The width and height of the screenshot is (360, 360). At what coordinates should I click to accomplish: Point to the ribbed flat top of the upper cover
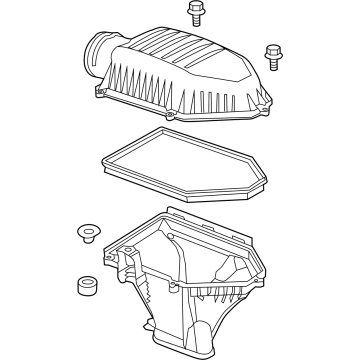(x=190, y=55)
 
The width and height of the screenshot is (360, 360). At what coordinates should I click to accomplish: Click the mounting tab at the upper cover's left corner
(x=101, y=93)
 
